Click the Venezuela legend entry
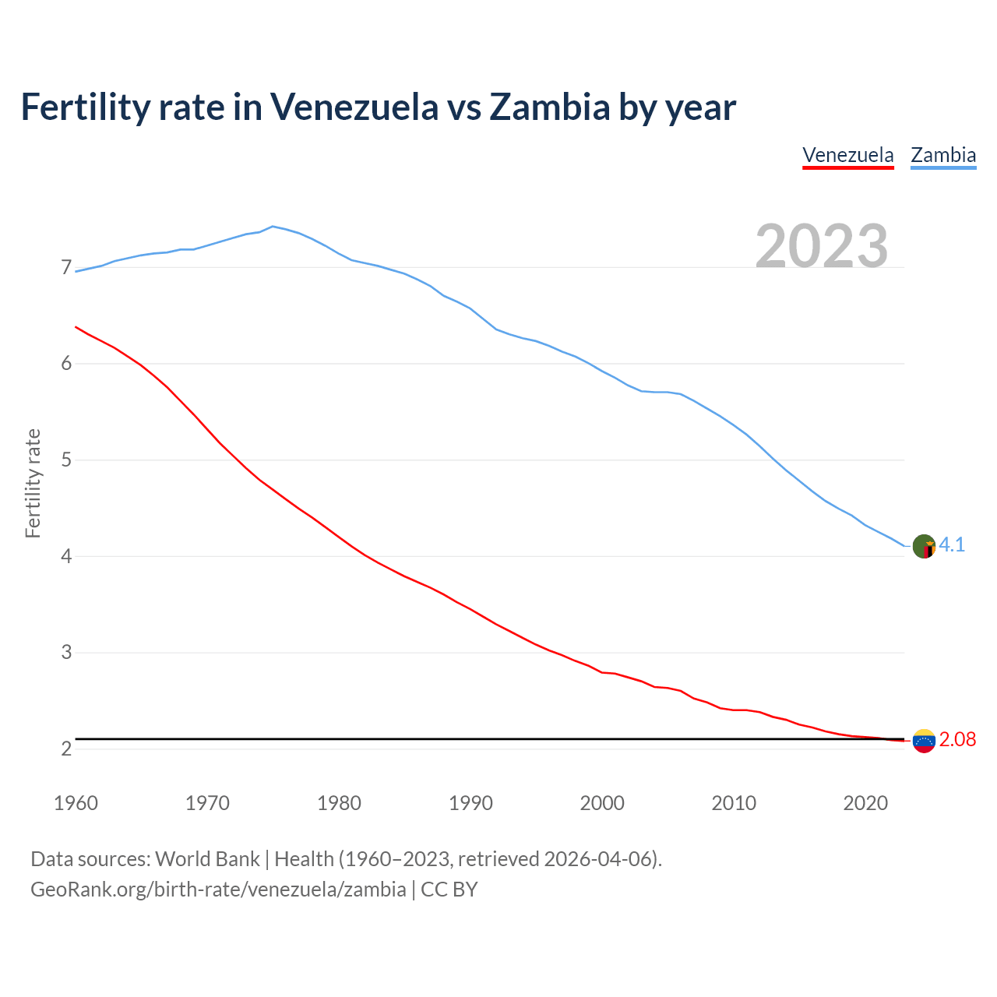[x=847, y=155]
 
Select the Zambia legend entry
[x=943, y=155]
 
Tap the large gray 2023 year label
[x=822, y=246]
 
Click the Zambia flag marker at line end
[x=924, y=546]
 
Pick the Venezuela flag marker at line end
[x=924, y=741]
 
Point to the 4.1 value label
[x=952, y=545]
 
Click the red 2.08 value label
[x=957, y=740]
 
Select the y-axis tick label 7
[x=66, y=268]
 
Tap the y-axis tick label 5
[x=66, y=460]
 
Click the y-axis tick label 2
[x=66, y=749]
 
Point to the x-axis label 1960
[x=76, y=803]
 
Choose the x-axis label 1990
[x=470, y=803]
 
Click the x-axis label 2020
[x=865, y=803]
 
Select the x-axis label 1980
[x=339, y=803]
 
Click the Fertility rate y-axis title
[x=33, y=483]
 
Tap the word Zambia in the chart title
[x=549, y=107]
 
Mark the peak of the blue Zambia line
[x=272, y=227]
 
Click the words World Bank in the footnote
[x=207, y=859]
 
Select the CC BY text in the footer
[x=449, y=890]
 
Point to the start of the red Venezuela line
[x=76, y=327]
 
